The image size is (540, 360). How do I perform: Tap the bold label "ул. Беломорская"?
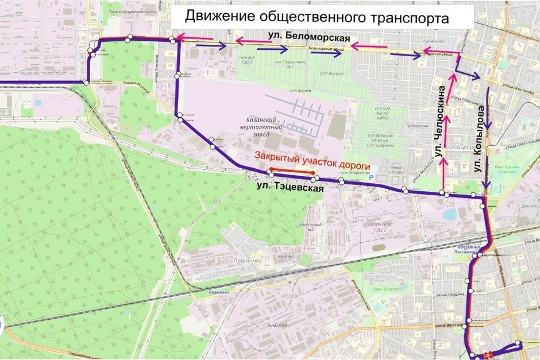309,38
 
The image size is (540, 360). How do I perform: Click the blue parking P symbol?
371,179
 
